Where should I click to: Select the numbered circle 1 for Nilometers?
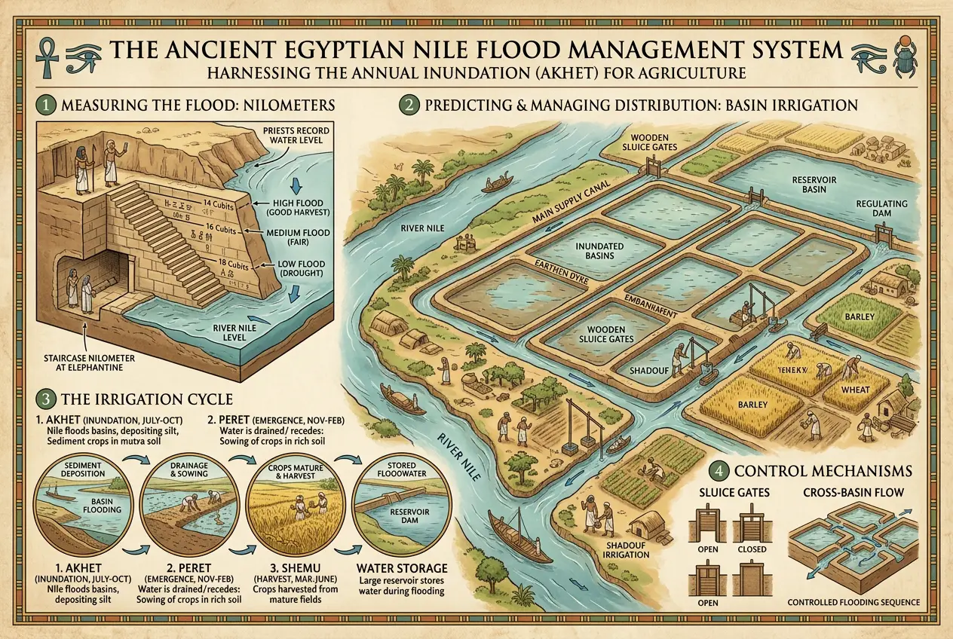tap(44, 104)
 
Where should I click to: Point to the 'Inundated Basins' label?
tap(596, 250)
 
